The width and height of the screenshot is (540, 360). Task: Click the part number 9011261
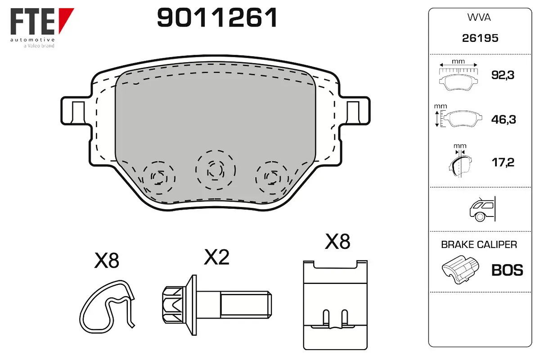pyautogui.click(x=217, y=18)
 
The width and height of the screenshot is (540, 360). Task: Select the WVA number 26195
pyautogui.click(x=480, y=38)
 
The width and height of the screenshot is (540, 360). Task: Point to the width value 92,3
pyautogui.click(x=503, y=75)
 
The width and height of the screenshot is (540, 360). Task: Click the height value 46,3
pyautogui.click(x=504, y=119)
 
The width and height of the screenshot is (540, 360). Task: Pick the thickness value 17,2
pyautogui.click(x=503, y=162)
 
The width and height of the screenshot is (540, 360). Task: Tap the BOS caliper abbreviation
pyautogui.click(x=507, y=270)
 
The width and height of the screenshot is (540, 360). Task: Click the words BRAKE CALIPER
pyautogui.click(x=479, y=244)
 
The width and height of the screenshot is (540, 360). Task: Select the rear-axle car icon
pyautogui.click(x=482, y=209)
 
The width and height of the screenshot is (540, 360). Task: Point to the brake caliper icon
pyautogui.click(x=460, y=270)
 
